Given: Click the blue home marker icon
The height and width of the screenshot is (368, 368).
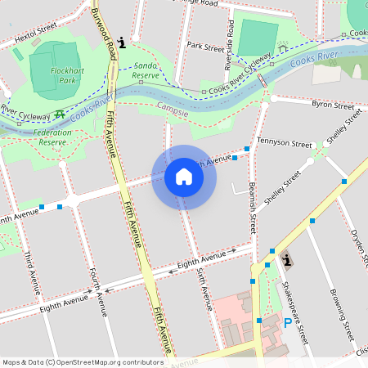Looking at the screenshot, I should (184, 177).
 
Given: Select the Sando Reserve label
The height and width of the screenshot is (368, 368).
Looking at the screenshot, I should (145, 70).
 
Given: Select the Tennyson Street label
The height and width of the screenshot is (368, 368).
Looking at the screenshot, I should (285, 143).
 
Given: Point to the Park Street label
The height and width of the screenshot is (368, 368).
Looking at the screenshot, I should (205, 47).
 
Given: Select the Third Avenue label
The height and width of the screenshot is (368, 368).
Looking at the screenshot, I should (31, 272).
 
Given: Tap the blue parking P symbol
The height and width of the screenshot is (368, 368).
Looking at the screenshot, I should (288, 324).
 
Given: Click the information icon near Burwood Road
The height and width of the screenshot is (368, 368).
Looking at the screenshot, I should (122, 42).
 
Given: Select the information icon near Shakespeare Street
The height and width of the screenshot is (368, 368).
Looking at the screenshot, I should (286, 261).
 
